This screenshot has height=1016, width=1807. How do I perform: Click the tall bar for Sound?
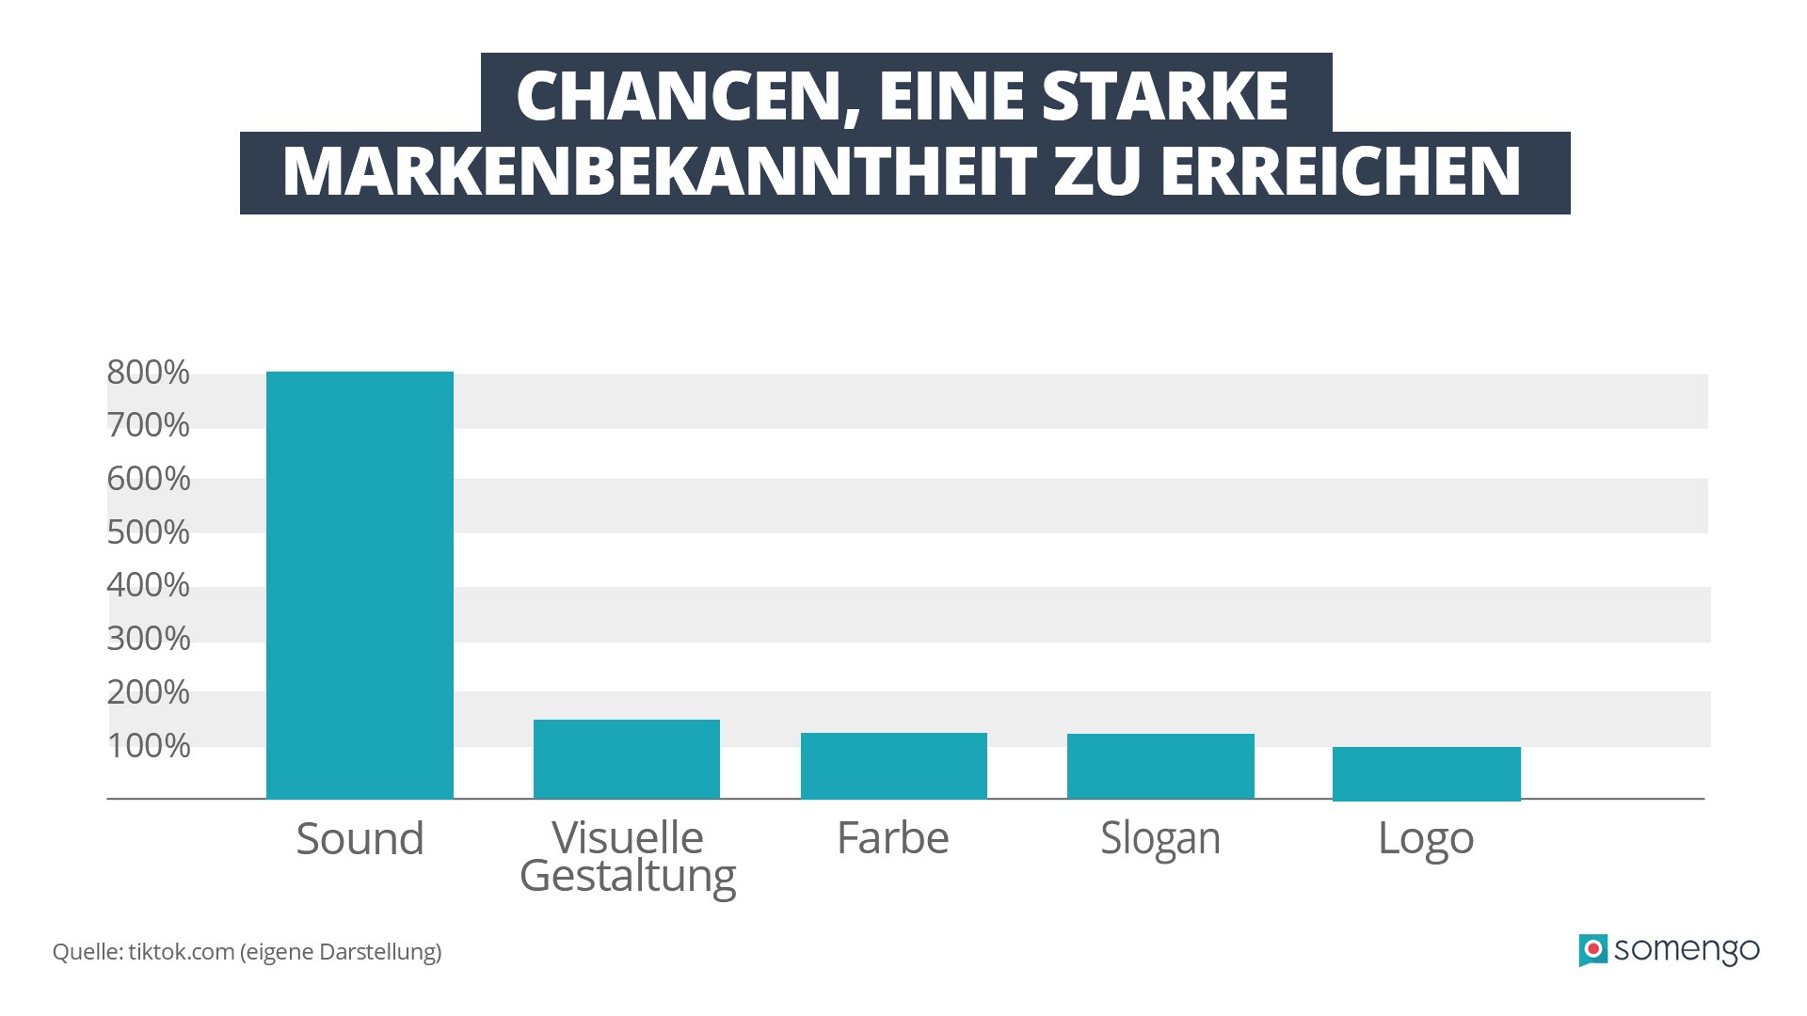coord(360,585)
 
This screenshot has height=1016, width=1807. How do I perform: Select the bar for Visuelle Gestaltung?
coord(627,759)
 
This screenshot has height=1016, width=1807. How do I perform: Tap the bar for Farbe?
coord(893,766)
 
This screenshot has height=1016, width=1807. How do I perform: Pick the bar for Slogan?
coord(1160,766)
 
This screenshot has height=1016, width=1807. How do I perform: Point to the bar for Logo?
coord(1426,773)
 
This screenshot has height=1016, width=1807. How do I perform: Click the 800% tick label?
coord(148,373)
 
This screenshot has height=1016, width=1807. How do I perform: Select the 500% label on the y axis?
coord(148,532)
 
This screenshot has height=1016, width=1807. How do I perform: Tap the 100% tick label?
coord(148,746)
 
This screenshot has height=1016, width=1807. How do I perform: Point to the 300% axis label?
coord(148,639)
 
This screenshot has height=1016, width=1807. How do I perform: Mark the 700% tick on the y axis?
coord(148,425)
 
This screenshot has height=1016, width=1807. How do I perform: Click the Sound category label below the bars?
coord(360,838)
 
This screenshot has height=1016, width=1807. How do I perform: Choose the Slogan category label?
coord(1160,838)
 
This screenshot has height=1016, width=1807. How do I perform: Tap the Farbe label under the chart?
coord(893,837)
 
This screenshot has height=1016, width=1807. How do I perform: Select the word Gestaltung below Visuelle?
coord(627,877)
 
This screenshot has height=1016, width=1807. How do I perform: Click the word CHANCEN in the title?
coord(678,96)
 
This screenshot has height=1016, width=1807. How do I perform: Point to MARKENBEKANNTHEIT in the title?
coord(659,172)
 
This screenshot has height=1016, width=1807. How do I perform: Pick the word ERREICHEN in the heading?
coord(1340,172)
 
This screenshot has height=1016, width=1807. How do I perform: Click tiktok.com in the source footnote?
coord(181,952)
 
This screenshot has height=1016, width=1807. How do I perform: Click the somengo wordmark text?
coord(1687,950)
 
